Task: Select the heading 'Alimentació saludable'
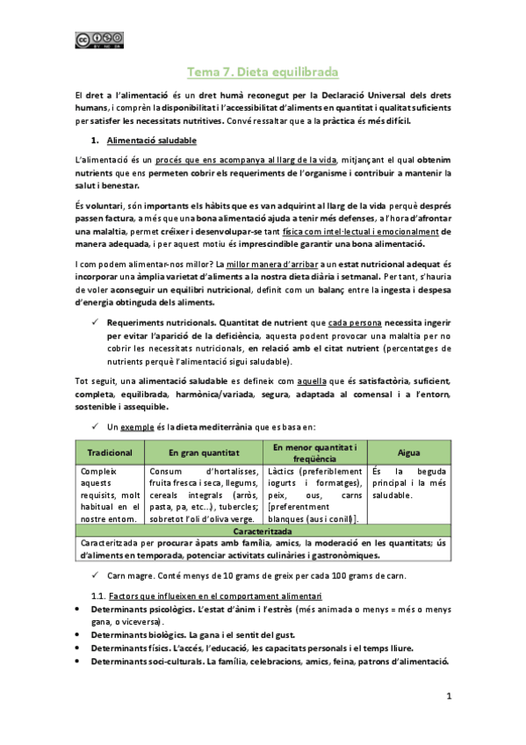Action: pos(151,141)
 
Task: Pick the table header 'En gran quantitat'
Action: pos(204,452)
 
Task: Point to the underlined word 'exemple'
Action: pos(135,426)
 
